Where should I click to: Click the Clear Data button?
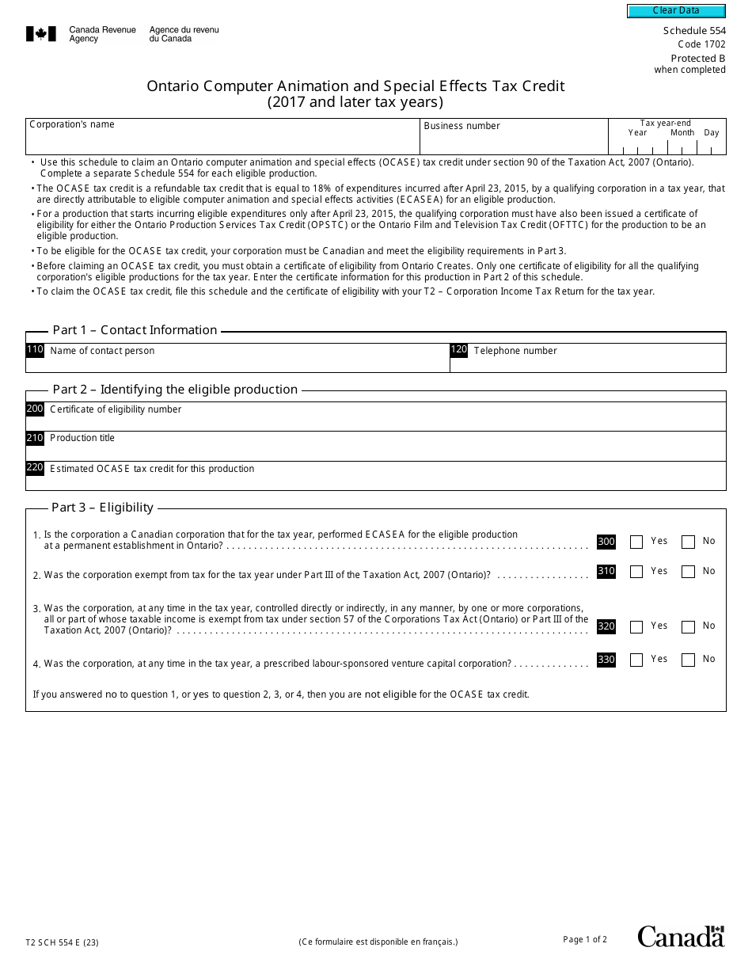point(676,11)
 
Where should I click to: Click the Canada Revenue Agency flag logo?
point(41,34)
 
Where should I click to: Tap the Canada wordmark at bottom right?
point(681,936)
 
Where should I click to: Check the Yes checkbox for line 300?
point(636,542)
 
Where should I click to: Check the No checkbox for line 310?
point(688,572)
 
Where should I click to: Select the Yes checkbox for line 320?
point(636,627)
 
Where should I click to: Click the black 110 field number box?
point(35,350)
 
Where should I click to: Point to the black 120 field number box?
point(459,350)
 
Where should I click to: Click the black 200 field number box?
point(35,409)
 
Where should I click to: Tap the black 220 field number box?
point(35,468)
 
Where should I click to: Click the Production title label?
point(82,438)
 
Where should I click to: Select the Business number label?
point(461,126)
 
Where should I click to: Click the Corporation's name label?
point(72,124)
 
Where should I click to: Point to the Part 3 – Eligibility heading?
point(102,508)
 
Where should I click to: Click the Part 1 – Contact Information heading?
point(135,330)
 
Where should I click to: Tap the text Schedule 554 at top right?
point(693,31)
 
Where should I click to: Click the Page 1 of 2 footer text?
point(585,940)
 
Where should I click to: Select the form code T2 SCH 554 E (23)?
point(62,942)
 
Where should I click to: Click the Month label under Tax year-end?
point(682,133)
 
